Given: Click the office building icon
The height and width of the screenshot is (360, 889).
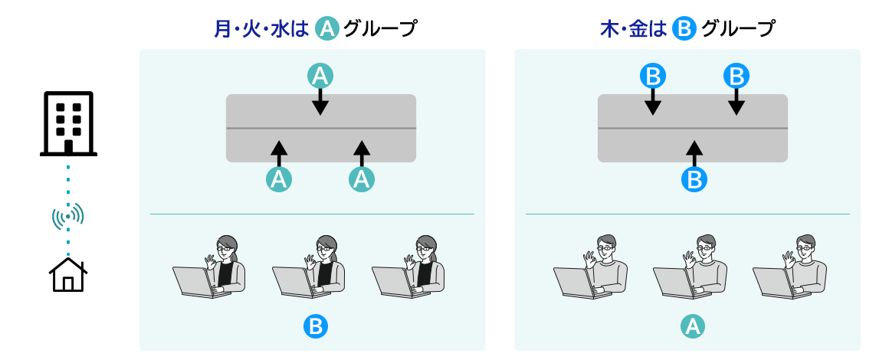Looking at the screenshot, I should pyautogui.click(x=68, y=123).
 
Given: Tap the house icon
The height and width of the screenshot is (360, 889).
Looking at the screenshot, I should pyautogui.click(x=68, y=275).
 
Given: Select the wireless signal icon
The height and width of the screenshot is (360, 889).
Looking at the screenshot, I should pyautogui.click(x=68, y=217).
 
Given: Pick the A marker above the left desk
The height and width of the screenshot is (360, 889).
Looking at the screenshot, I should pyautogui.click(x=320, y=75).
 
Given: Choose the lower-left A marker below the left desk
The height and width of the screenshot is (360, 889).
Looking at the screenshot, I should pyautogui.click(x=278, y=179).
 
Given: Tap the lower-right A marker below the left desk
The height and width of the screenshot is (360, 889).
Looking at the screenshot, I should pyautogui.click(x=362, y=179).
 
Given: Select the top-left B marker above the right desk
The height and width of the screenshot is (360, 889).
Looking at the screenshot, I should pyautogui.click(x=652, y=75).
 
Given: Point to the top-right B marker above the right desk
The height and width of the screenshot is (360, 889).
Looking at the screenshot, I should pyautogui.click(x=736, y=75).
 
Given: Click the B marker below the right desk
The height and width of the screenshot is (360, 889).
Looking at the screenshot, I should pyautogui.click(x=694, y=179).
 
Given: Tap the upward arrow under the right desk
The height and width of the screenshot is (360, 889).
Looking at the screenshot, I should pyautogui.click(x=694, y=152).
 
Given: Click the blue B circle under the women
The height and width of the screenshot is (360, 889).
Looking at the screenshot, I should pyautogui.click(x=315, y=327).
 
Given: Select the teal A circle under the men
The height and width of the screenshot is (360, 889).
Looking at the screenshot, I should pyautogui.click(x=693, y=327).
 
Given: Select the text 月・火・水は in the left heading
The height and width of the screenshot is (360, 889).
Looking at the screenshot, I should pyautogui.click(x=261, y=29).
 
